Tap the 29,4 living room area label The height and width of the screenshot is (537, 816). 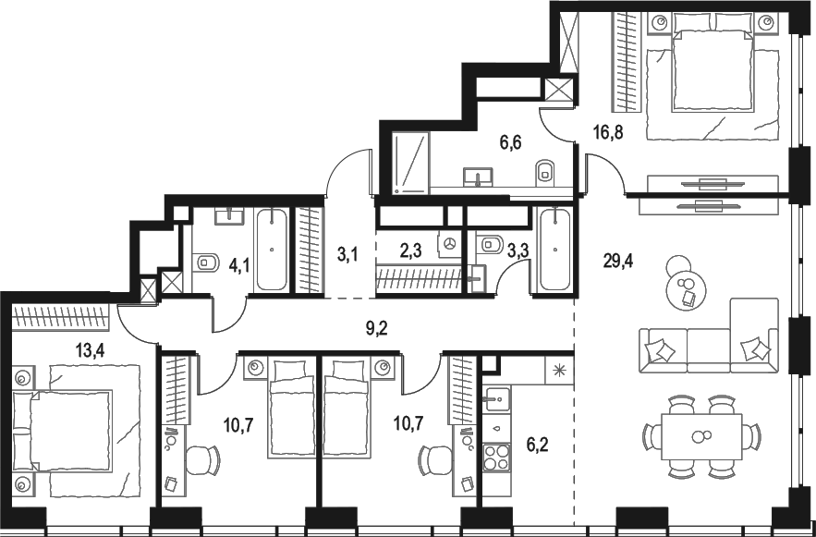coord(617,261)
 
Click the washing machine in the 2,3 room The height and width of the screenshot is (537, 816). coord(449,243)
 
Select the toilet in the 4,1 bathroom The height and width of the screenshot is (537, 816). coord(206,263)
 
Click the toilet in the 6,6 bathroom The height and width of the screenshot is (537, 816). coord(545,171)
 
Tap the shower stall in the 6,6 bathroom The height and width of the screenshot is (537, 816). coord(410,163)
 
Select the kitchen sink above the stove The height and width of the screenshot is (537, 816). coord(500,399)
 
